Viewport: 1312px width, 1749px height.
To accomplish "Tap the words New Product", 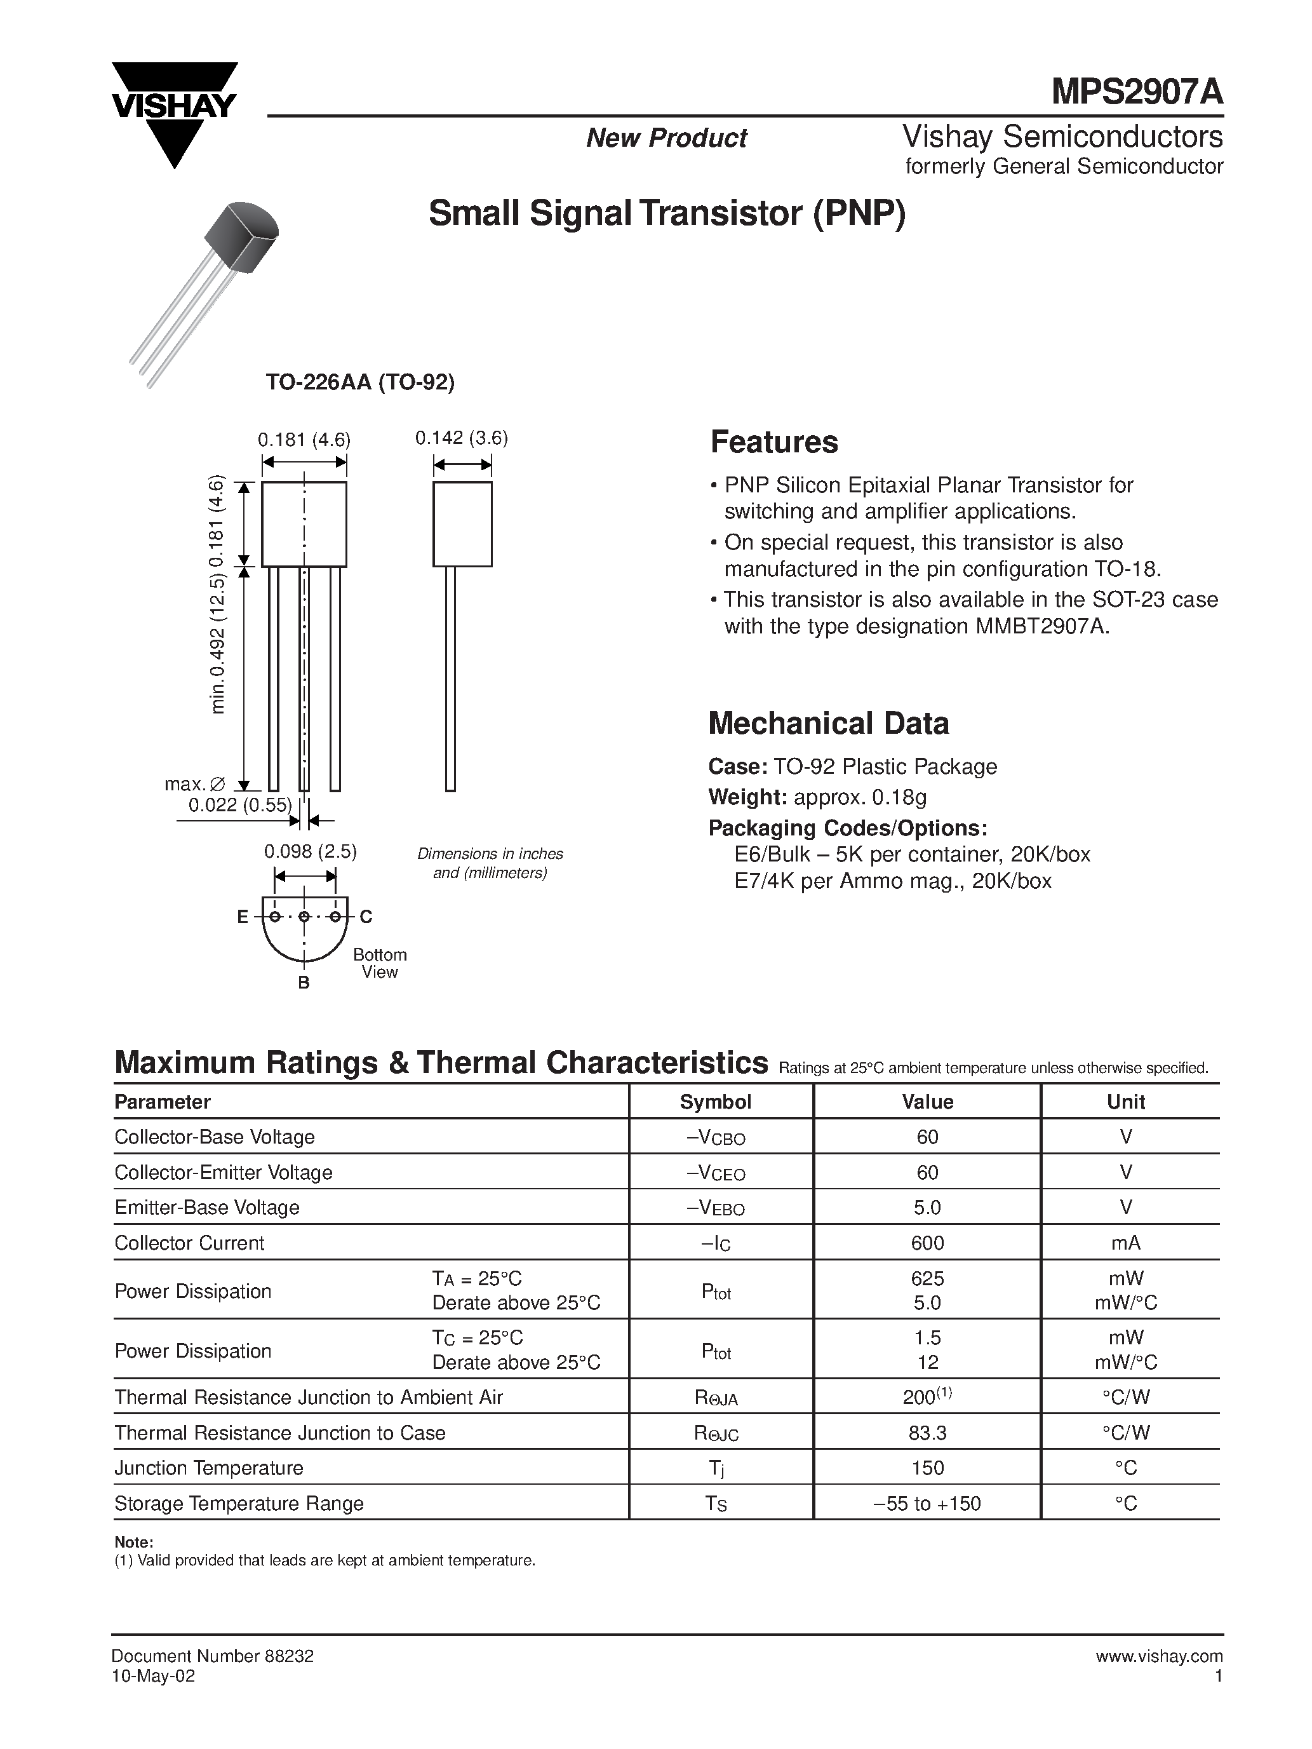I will point(666,138).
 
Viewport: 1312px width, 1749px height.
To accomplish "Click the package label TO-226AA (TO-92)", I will point(359,382).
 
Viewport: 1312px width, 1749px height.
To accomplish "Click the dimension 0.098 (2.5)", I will point(310,851).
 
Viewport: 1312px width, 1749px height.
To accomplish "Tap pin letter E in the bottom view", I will point(242,917).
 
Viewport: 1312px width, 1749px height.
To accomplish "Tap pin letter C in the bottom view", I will point(366,917).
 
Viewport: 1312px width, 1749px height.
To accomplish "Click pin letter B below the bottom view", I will point(304,983).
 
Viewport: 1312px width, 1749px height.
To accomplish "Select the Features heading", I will point(773,442).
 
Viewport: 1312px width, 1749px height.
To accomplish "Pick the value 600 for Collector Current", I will point(927,1243).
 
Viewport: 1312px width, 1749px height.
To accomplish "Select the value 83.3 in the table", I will point(927,1433).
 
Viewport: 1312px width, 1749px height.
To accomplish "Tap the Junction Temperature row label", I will point(209,1468).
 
